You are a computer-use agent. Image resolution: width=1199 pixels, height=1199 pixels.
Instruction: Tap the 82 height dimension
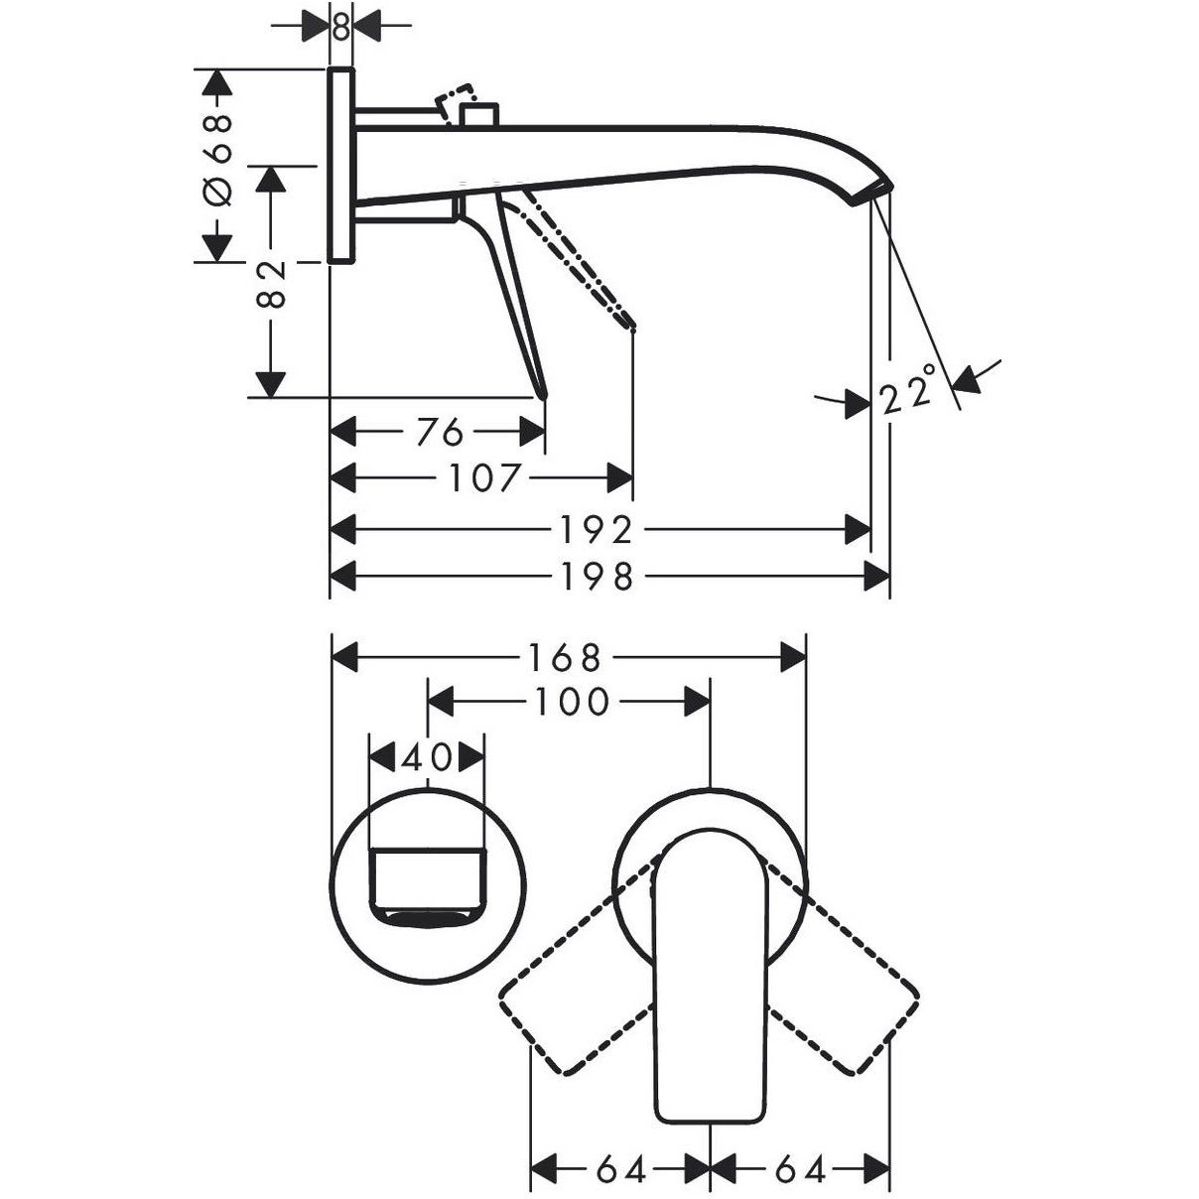[x=271, y=284]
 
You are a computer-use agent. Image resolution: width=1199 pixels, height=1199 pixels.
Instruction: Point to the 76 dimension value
[x=441, y=431]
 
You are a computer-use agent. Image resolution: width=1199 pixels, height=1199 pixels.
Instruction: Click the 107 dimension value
[x=483, y=478]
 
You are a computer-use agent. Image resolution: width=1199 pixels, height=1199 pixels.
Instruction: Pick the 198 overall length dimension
[x=597, y=577]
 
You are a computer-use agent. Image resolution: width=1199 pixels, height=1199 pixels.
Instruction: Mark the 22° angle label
[x=909, y=390]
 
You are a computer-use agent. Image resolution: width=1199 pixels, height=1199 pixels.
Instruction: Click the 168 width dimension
[x=565, y=657]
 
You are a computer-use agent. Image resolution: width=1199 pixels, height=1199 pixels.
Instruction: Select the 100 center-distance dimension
[x=572, y=702]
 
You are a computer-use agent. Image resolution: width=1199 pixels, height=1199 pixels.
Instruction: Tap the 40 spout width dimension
[x=426, y=757]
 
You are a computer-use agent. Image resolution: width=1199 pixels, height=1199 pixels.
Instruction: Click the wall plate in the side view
[x=340, y=166]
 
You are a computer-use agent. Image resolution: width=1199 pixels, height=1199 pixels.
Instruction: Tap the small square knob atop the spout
[x=478, y=115]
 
